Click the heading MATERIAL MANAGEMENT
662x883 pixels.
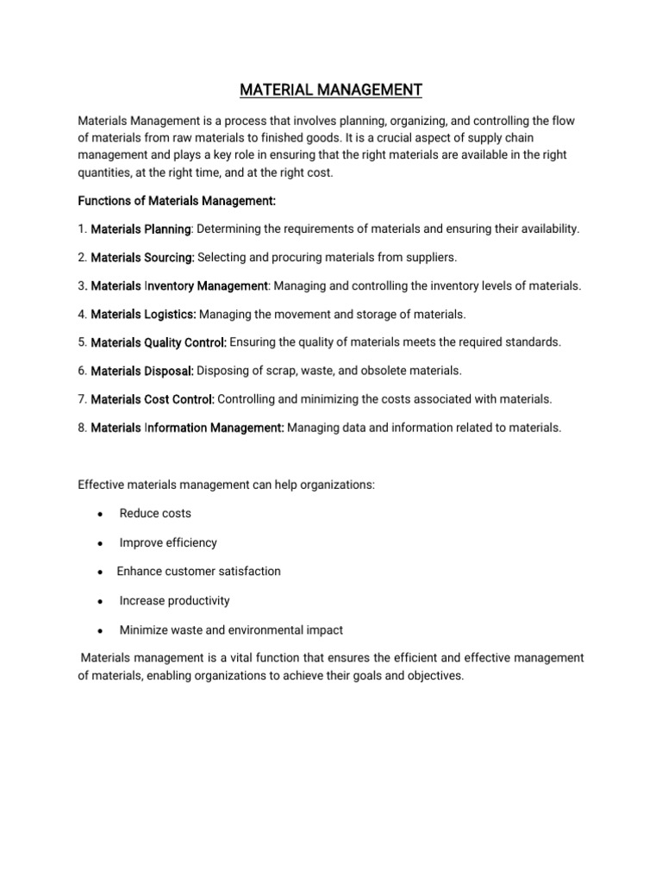coord(331,89)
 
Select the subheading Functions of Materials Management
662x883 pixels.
coord(177,201)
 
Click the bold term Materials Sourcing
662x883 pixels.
coord(143,258)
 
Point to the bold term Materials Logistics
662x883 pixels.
coord(144,314)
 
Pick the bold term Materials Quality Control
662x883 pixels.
coord(159,342)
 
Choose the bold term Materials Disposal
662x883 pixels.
coord(143,371)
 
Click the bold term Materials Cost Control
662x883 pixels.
coord(153,399)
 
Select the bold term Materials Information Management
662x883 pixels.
coord(187,428)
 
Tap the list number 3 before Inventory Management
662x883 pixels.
coord(82,285)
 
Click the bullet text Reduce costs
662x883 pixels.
coord(155,513)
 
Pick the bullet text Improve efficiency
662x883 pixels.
coord(168,542)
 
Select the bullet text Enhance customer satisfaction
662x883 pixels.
coord(198,571)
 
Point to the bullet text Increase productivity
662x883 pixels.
coord(174,600)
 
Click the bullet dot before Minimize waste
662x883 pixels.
coord(101,630)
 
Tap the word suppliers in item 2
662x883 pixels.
coord(431,258)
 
